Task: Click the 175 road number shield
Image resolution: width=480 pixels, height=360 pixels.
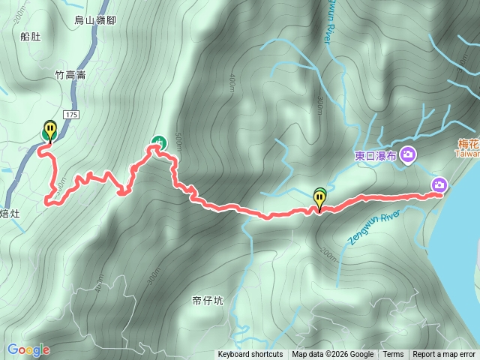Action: pos(71,114)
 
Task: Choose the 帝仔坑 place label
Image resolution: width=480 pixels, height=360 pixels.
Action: pos(208,301)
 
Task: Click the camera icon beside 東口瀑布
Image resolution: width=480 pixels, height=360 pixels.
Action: pos(409,154)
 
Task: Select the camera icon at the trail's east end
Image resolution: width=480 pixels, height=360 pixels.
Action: pos(439,185)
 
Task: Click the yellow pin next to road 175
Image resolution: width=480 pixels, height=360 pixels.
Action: pos(50,130)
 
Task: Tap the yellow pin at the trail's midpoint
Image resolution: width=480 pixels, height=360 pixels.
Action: pos(320,199)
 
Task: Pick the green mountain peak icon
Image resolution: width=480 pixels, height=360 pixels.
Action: pos(158,140)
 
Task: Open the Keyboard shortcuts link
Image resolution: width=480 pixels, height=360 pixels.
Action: pos(250,355)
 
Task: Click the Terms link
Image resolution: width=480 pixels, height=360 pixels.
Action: pos(393,355)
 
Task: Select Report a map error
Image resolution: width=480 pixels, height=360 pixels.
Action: pos(444,355)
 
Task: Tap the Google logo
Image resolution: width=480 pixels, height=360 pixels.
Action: pos(28,349)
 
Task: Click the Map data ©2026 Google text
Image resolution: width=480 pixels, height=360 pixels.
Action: pos(333,355)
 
